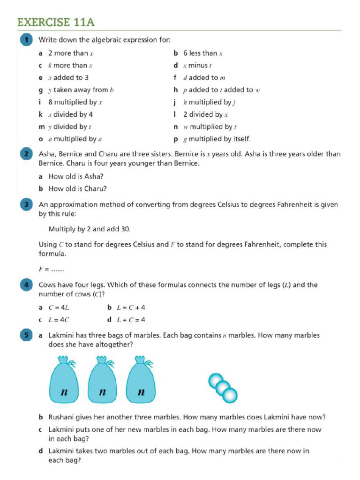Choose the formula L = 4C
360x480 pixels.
[x=59, y=320]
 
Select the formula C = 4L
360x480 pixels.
[x=59, y=308]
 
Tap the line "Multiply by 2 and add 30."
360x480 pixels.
[x=90, y=229]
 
